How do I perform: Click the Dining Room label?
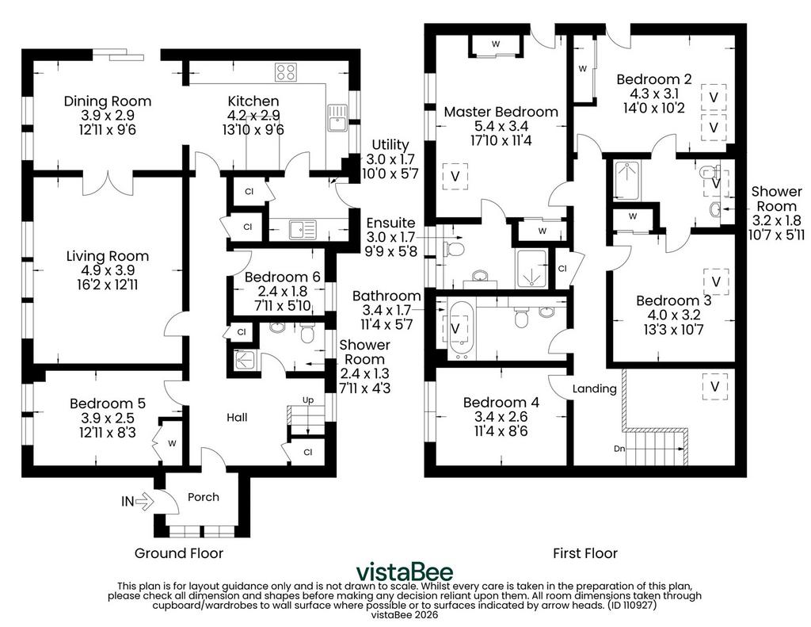coord(108,101)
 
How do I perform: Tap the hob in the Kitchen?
coord(285,71)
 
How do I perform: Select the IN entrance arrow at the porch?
coord(144,501)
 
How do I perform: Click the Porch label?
coord(204,497)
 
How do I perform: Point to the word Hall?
coord(237,417)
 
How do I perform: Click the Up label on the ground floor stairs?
coord(308,400)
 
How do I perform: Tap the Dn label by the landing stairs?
coord(619,449)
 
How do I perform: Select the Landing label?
coord(594,389)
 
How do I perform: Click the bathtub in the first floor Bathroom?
coord(459,330)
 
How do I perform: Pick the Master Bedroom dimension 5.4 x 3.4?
coord(501,126)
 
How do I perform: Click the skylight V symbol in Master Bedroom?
coord(455,177)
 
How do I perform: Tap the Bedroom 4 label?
coord(501,403)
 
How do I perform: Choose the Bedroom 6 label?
coord(283,277)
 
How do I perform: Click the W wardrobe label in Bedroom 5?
coord(172,444)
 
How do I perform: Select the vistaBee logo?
coord(405,572)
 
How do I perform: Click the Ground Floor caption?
coord(179,553)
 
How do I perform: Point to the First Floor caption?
coord(585,553)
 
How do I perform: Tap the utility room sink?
coord(303,229)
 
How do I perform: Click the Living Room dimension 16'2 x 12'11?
coord(108,285)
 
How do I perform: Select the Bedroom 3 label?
coord(674,300)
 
